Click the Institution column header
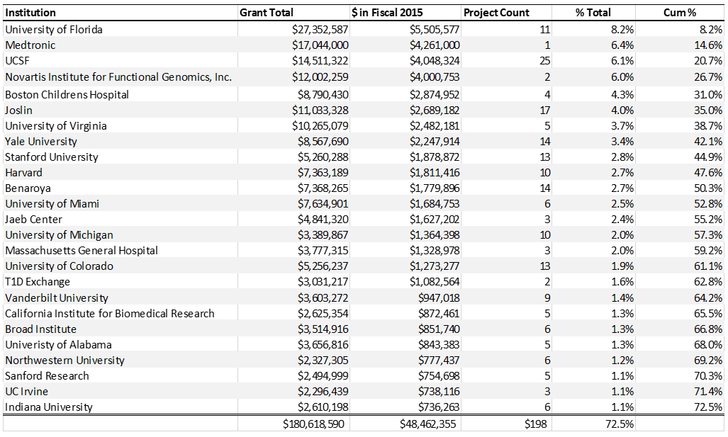[30, 13]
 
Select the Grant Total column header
[267, 13]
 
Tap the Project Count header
[496, 13]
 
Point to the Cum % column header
[680, 13]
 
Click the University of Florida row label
[54, 30]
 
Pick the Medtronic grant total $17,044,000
[320, 45]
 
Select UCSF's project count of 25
[545, 61]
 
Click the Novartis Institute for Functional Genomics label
[118, 77]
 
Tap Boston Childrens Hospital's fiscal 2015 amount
[435, 95]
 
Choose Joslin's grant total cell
[320, 110]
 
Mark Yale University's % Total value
[622, 142]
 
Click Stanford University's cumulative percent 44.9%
[708, 157]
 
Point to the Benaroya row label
[28, 188]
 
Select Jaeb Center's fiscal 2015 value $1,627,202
[435, 220]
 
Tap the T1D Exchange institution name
[38, 282]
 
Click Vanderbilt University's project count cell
[547, 298]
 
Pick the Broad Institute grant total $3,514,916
[323, 329]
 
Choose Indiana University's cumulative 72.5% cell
[708, 407]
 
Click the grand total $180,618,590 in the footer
[313, 424]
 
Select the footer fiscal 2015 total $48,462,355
[428, 424]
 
